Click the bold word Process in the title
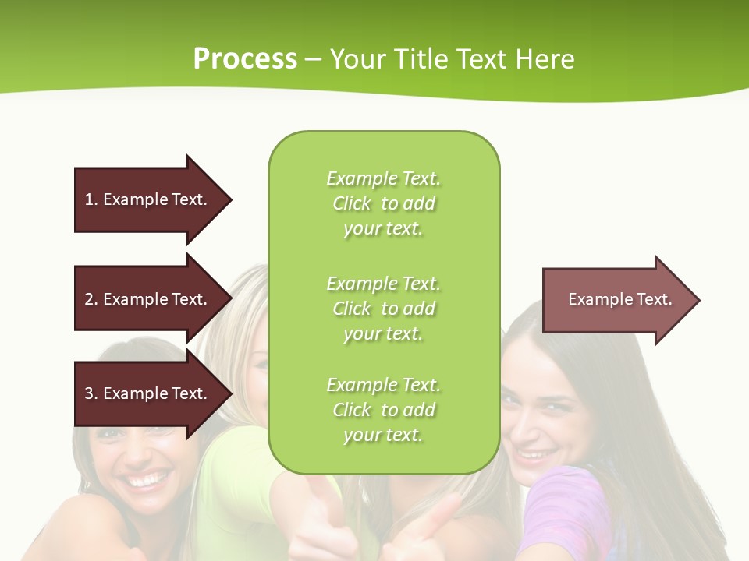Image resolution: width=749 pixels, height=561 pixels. tap(245, 59)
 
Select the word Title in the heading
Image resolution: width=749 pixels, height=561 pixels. tap(422, 59)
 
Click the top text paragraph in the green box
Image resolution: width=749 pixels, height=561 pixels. tap(383, 203)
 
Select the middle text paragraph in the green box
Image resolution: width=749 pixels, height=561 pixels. tap(383, 309)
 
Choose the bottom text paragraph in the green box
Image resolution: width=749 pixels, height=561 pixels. tap(383, 410)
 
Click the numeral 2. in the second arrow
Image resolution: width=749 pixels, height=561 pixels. tap(91, 299)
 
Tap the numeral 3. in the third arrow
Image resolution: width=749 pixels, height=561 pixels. tap(91, 393)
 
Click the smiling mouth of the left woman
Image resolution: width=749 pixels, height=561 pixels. tap(147, 479)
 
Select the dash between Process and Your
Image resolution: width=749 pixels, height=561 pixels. tap(314, 60)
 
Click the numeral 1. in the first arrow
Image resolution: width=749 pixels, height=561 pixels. tap(91, 199)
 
